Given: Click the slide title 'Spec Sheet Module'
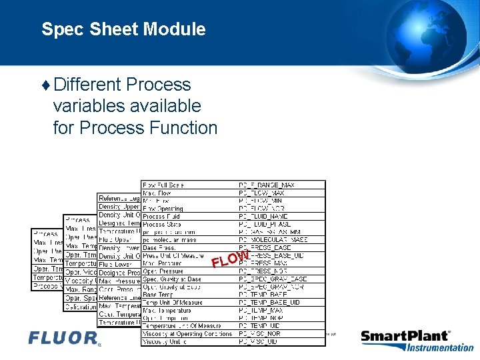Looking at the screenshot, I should [x=123, y=29].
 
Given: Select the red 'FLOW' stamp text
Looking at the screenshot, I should [x=231, y=259].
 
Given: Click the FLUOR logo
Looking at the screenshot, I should [x=64, y=338].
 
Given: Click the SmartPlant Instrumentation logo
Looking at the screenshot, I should [x=417, y=341].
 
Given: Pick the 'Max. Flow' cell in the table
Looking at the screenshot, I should [x=156, y=193].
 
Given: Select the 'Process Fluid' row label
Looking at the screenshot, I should [x=163, y=217].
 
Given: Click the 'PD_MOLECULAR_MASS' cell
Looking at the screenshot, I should [x=273, y=240].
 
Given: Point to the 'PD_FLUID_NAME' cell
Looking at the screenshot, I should [x=264, y=217].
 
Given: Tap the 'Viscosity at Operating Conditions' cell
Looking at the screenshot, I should [x=187, y=334].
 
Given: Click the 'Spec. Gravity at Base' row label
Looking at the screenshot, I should [x=172, y=279].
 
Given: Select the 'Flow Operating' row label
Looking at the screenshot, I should [x=163, y=209].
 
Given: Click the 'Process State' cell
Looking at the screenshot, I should [x=163, y=225].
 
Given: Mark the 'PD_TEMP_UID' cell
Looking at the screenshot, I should [x=261, y=326].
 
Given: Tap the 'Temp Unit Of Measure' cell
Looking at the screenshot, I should [x=173, y=303].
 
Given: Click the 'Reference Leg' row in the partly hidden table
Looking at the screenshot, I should [x=119, y=199].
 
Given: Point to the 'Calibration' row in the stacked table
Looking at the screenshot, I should [x=81, y=306].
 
